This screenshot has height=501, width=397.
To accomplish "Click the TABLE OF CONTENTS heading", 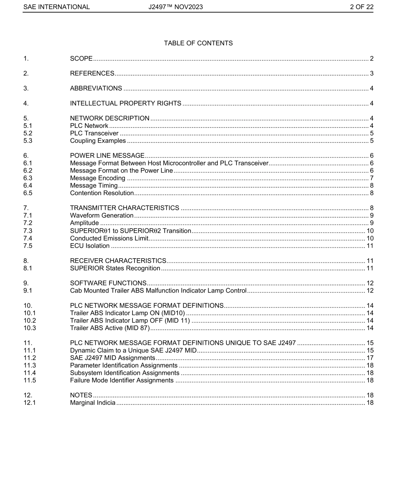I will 198,43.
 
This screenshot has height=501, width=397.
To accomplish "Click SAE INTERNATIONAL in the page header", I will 56,7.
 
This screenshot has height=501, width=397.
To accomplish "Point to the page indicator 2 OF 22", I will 361,7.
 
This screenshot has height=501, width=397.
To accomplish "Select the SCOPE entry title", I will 81,58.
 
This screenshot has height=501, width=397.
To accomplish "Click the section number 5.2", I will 28,133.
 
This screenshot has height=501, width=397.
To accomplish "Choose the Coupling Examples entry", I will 98,141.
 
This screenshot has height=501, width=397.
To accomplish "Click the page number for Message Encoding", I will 372,178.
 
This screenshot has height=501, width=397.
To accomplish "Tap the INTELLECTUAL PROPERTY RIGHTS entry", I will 125,103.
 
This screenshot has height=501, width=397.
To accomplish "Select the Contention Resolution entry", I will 102,193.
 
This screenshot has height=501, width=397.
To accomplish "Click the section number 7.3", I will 28,231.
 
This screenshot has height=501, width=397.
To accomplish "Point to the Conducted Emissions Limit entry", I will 109,238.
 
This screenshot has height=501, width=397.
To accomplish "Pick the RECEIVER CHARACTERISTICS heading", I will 118,261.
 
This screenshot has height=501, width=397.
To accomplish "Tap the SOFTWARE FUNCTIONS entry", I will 108,283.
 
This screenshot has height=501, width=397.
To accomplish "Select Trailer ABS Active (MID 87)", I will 109,328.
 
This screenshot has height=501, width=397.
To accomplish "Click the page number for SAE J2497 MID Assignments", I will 370,358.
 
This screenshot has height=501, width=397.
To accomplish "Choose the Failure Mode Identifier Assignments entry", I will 122,380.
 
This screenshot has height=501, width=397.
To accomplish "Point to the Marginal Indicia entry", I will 92,403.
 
